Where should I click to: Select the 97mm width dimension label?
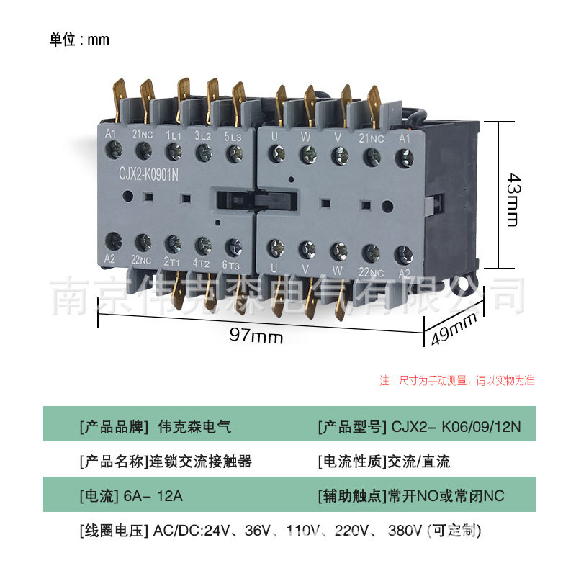click(256, 336)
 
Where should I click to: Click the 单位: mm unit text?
click(79, 40)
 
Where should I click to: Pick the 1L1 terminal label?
click(174, 135)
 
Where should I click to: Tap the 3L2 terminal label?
click(203, 135)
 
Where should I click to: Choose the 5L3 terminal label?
click(233, 135)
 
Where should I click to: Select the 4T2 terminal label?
click(202, 263)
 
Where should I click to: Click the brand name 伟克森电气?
click(194, 427)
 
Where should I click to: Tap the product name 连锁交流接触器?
click(200, 462)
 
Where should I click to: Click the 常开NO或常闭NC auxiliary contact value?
click(446, 496)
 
